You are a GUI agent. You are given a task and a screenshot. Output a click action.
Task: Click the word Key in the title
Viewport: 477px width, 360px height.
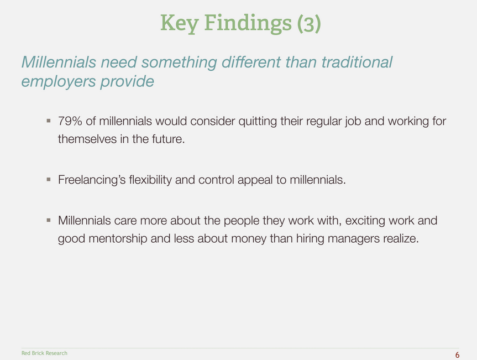[x=180, y=24]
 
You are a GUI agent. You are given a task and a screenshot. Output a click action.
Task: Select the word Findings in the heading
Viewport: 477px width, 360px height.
[x=248, y=24]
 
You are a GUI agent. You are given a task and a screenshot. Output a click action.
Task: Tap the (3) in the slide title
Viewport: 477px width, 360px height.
[x=309, y=23]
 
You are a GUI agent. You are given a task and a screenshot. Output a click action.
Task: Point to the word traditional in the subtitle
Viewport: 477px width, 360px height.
[x=357, y=62]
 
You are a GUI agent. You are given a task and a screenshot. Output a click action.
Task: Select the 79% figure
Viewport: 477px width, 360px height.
[x=70, y=121]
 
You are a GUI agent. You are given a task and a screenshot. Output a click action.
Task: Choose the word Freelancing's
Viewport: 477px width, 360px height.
[x=92, y=180]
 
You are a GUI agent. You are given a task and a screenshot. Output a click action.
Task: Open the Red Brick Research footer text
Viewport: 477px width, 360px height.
[x=44, y=353]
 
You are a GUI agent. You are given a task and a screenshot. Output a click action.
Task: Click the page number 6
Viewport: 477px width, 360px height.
[x=457, y=355]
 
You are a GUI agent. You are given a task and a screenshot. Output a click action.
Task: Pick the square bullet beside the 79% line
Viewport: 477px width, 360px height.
[x=49, y=121]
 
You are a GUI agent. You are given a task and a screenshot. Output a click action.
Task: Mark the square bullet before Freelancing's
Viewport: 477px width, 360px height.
[x=49, y=180]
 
